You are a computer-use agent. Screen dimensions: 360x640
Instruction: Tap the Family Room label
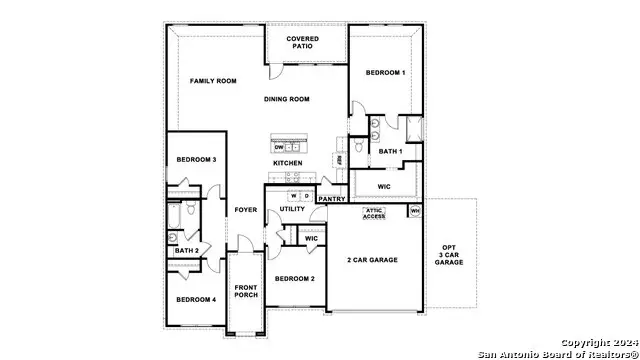(x=213, y=80)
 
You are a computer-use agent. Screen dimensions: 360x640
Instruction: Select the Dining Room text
(x=287, y=99)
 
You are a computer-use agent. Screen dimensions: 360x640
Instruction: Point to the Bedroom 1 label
(x=385, y=73)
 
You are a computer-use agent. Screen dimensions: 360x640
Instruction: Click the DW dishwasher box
(x=279, y=147)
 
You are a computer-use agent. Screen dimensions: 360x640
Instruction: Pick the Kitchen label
(x=288, y=163)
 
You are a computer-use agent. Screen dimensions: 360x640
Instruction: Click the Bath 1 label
(x=390, y=151)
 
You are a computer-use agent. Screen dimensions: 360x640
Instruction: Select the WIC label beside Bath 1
(x=384, y=186)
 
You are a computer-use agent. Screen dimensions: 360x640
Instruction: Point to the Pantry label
(x=331, y=199)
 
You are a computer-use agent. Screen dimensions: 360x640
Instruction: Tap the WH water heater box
(x=414, y=210)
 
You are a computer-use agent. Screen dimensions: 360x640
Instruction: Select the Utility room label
(x=293, y=209)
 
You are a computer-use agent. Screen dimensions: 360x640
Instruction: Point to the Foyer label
(x=245, y=210)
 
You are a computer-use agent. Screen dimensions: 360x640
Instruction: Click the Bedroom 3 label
(x=197, y=160)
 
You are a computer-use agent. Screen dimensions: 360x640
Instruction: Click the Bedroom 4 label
(x=196, y=299)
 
